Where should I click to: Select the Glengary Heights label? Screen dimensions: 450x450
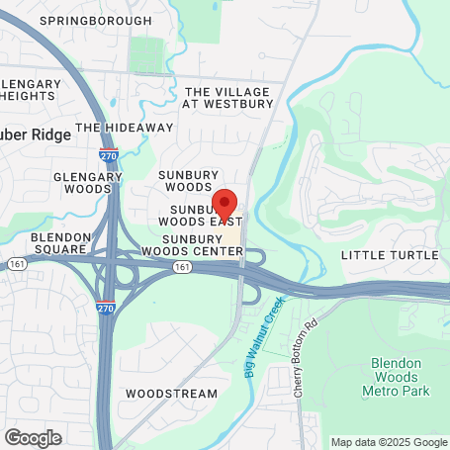pyautogui.click(x=33, y=89)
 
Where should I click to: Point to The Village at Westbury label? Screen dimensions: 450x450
pyautogui.click(x=229, y=97)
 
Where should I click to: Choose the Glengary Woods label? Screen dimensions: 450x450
pyautogui.click(x=86, y=183)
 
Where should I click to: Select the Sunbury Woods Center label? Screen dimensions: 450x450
pyautogui.click(x=202, y=245)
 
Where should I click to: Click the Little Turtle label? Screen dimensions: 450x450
pyautogui.click(x=389, y=255)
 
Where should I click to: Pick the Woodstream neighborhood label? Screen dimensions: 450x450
pyautogui.click(x=171, y=393)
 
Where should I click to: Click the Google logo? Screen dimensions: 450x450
pyautogui.click(x=33, y=437)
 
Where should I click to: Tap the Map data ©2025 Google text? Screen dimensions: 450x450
pyautogui.click(x=389, y=442)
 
